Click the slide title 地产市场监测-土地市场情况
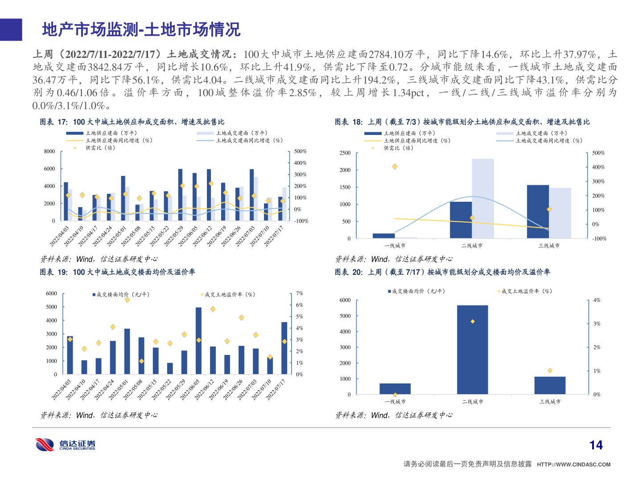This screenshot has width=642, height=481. [x=141, y=30]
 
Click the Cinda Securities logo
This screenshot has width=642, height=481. [x=65, y=444]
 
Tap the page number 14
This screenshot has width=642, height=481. [x=596, y=445]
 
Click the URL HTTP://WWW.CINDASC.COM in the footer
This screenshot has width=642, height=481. [x=573, y=465]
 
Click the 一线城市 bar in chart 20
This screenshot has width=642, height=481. [x=395, y=389]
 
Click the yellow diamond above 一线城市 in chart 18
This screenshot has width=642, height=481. [x=395, y=167]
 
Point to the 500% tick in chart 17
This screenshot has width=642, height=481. [x=300, y=151]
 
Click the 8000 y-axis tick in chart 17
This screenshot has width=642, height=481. [x=49, y=151]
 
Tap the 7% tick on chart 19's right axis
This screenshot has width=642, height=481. [x=300, y=293]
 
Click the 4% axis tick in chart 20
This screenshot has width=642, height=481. [x=597, y=300]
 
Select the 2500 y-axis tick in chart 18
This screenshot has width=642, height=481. [x=345, y=153]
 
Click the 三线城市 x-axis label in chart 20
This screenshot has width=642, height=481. [x=550, y=402]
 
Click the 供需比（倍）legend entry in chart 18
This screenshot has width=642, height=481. [x=398, y=148]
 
